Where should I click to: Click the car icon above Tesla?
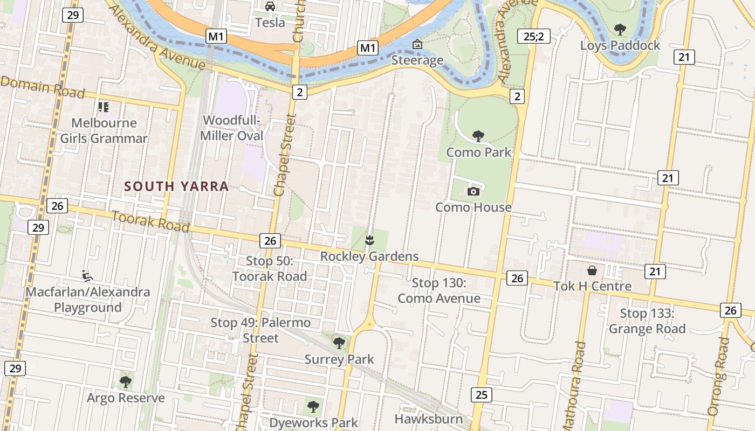(270, 6)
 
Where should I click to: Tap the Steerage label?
(417, 60)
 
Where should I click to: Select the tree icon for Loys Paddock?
(620, 30)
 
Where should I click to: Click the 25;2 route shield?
(533, 36)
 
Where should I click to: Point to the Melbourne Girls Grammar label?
(104, 131)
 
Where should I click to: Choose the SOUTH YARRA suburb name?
(176, 186)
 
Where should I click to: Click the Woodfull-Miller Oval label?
(232, 128)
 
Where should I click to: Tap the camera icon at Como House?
(473, 191)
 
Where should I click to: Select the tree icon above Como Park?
(478, 136)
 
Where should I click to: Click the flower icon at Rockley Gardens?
(369, 240)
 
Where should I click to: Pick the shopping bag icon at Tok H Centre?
(592, 270)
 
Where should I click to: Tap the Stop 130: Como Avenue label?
(439, 290)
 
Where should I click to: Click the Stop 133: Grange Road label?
(647, 321)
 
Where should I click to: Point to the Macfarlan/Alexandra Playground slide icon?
(86, 276)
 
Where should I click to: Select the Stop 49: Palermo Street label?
(260, 330)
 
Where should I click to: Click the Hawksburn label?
(428, 419)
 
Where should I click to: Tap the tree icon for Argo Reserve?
(126, 382)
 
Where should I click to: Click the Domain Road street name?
(43, 87)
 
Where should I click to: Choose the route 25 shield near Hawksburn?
(481, 395)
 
